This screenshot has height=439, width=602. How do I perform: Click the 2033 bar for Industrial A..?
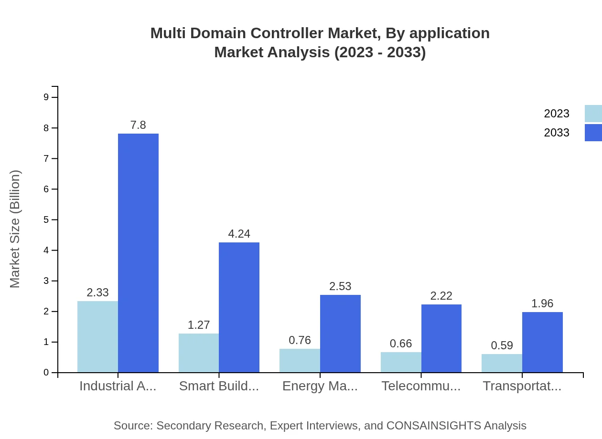tap(138, 253)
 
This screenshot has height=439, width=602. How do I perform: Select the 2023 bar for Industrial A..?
tap(97, 336)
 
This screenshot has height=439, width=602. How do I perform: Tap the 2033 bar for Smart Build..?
tap(239, 307)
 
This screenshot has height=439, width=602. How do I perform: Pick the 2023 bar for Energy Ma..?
tap(300, 360)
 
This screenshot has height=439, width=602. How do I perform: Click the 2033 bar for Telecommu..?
tap(441, 338)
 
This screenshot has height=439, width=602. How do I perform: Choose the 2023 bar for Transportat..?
tap(502, 363)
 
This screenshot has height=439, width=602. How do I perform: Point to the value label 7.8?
tap(138, 125)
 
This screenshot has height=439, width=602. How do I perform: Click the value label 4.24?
tap(239, 234)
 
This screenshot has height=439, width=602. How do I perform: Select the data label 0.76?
tap(300, 340)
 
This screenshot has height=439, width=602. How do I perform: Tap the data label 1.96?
tap(542, 303)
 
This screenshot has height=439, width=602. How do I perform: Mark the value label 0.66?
tap(401, 344)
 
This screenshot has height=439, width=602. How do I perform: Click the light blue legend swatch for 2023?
tap(593, 114)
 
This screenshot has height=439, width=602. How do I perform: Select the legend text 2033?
tap(557, 133)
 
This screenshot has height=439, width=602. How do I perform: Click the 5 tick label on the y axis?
tap(46, 219)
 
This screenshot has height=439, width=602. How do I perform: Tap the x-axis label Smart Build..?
tap(219, 386)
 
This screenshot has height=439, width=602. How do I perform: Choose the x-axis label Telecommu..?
tap(421, 386)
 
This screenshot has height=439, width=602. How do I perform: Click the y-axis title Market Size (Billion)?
tap(15, 229)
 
